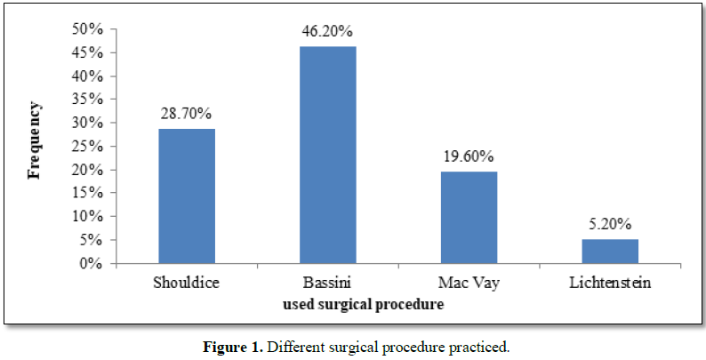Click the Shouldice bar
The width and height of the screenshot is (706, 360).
pyautogui.click(x=187, y=196)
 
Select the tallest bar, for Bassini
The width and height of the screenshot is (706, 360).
pyautogui.click(x=328, y=155)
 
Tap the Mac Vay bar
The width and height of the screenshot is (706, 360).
pyautogui.click(x=469, y=217)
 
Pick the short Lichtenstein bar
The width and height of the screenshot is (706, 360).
pyautogui.click(x=610, y=251)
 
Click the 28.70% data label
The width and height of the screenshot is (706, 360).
pyautogui.click(x=187, y=115)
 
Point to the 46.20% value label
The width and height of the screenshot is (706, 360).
pyautogui.click(x=328, y=32)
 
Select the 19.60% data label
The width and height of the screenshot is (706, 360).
pyautogui.click(x=469, y=156)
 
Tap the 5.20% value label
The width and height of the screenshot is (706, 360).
pyautogui.click(x=610, y=224)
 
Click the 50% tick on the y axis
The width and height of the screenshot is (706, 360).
pyautogui.click(x=91, y=29)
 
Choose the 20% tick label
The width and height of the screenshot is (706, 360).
pyautogui.click(x=91, y=170)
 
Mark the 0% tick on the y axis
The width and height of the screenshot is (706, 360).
pyautogui.click(x=94, y=263)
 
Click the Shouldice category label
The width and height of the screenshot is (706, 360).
pyautogui.click(x=187, y=284)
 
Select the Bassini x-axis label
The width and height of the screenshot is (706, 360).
pyautogui.click(x=328, y=284)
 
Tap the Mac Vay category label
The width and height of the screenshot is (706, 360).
pyautogui.click(x=469, y=284)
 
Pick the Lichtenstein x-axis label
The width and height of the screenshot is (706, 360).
pyautogui.click(x=610, y=284)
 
